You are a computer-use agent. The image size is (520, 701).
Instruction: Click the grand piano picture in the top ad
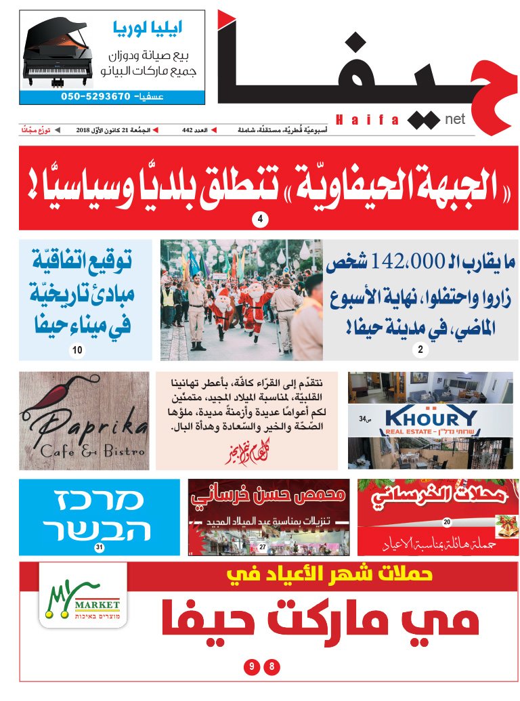click(x=60, y=54)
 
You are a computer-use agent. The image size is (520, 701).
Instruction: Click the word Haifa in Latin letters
click(x=367, y=119)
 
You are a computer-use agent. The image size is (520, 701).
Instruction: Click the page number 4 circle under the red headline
click(x=260, y=219)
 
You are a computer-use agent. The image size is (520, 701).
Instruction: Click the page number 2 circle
click(x=420, y=350)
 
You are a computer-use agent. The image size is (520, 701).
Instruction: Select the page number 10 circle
click(x=77, y=350)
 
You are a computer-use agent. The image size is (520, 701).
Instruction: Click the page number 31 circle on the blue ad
click(x=100, y=547)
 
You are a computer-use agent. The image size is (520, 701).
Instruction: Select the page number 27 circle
click(x=262, y=547)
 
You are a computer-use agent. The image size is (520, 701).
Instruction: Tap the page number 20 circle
click(x=446, y=522)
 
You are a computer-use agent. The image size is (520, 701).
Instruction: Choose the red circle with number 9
click(x=251, y=667)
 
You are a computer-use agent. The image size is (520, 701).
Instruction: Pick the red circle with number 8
click(x=272, y=667)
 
